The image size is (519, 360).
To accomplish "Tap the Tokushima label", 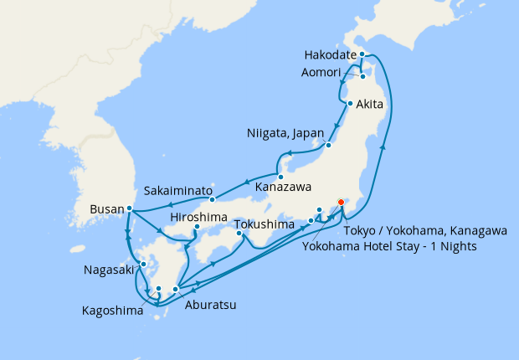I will [264, 225].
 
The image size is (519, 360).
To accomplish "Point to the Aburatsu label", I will [208, 306].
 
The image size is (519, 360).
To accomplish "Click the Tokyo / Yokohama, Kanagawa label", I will [425, 231].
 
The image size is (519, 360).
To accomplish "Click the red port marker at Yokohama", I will [341, 202].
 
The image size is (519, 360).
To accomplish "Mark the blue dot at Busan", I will [129, 208].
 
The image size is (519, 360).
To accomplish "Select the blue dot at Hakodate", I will [362, 55].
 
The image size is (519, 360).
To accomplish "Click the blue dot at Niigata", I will [329, 145].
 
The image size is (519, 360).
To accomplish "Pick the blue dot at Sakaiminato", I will [213, 199].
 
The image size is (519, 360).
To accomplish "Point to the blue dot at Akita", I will [349, 104].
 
